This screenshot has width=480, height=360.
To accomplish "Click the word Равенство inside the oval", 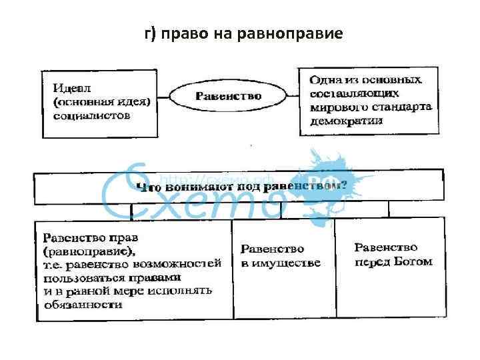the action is click(x=228, y=96).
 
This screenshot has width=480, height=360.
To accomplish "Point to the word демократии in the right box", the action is click(x=346, y=121).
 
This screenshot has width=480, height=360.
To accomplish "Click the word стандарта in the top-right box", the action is click(x=403, y=107).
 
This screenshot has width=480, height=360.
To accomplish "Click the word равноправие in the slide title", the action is click(x=298, y=33).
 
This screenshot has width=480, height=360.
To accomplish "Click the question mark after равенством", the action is click(x=343, y=186).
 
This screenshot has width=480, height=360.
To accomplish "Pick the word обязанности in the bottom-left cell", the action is click(x=83, y=305).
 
